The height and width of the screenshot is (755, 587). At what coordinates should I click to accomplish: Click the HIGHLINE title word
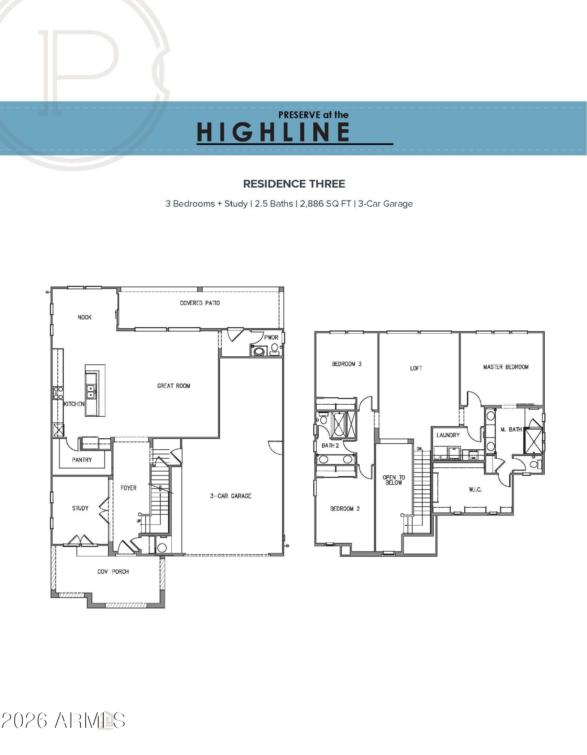point(273,132)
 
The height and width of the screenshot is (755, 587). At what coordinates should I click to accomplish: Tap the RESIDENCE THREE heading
point(294,184)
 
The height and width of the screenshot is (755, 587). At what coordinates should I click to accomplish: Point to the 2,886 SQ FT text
point(325,204)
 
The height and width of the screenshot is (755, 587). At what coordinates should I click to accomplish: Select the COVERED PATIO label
point(200,303)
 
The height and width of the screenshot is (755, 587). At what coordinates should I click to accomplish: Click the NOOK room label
point(85,317)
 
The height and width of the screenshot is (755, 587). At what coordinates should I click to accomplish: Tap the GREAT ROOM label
point(174,386)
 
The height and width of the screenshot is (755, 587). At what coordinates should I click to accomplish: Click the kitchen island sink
point(91,391)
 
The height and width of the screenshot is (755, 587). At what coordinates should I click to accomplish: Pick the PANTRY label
point(82,460)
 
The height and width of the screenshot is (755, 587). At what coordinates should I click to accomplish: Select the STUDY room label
point(80,508)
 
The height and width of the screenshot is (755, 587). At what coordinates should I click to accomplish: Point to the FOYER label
point(128,488)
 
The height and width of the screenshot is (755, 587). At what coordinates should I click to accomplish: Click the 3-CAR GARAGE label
point(231,496)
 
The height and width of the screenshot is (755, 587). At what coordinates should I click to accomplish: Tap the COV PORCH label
point(113,572)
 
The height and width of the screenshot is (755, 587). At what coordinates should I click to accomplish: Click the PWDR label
point(271,337)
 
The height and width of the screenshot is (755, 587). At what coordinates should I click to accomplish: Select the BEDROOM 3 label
point(347,364)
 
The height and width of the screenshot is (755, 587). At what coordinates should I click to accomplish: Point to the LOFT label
point(416,368)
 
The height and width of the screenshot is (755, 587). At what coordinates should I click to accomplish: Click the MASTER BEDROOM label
point(506,367)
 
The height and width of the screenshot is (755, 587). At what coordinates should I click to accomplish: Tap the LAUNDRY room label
point(448,435)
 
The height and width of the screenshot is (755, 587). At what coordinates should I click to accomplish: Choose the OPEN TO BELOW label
point(394,480)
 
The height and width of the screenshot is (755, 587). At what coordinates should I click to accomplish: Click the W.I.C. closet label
point(475,490)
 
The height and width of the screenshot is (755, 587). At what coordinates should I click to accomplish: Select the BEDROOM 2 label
point(345,508)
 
